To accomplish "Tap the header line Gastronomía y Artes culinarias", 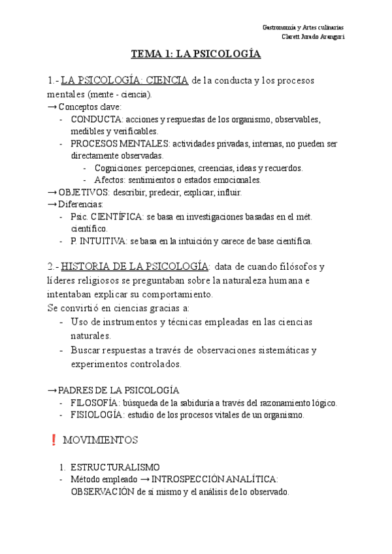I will (x=303, y=27).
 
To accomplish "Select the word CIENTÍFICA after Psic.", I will (x=114, y=217).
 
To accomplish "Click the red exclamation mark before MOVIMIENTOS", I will (x=53, y=441).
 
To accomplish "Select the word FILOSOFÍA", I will (x=97, y=403).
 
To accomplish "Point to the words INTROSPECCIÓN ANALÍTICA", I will (x=214, y=480).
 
